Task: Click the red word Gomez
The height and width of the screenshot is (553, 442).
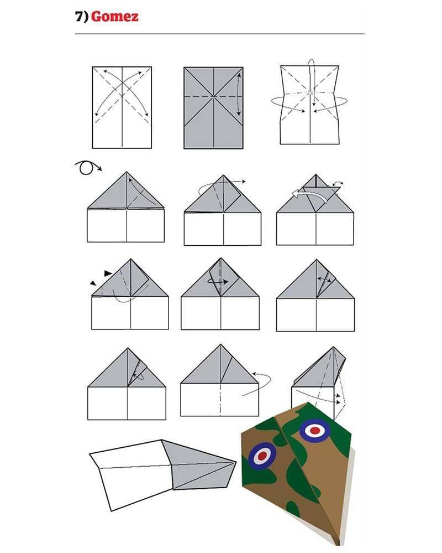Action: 115,17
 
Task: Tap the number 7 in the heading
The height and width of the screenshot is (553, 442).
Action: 79,16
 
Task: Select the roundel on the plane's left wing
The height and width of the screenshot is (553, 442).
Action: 262,456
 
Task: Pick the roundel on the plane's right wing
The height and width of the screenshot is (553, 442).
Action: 314,430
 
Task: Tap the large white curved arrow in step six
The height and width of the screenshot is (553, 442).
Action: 310,194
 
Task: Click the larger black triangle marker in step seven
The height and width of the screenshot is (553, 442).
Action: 108,273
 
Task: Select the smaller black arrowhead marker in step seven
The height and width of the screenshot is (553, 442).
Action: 93,283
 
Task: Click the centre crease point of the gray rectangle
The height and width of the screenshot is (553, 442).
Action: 213,96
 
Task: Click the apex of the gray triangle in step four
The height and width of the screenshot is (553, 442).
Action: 127,172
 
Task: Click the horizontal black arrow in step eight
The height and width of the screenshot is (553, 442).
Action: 218,281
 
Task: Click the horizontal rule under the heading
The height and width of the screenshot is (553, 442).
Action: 220,34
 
